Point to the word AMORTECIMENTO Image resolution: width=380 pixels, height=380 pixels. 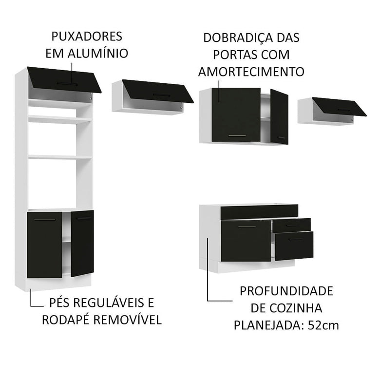(x=251, y=71)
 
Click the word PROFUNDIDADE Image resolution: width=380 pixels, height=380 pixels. (x=286, y=291)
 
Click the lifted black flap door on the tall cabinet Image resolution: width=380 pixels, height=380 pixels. (x=64, y=79)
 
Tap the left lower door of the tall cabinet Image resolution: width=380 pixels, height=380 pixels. (x=44, y=245)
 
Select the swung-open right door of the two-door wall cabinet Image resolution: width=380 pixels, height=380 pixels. (x=279, y=116)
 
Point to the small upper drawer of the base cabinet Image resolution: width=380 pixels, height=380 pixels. (x=292, y=225)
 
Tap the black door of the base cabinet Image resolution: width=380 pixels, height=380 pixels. (x=246, y=240)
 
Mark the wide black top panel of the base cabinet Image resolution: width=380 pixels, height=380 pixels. (x=259, y=211)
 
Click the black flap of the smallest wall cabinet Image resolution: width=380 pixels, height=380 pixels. (x=339, y=107)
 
